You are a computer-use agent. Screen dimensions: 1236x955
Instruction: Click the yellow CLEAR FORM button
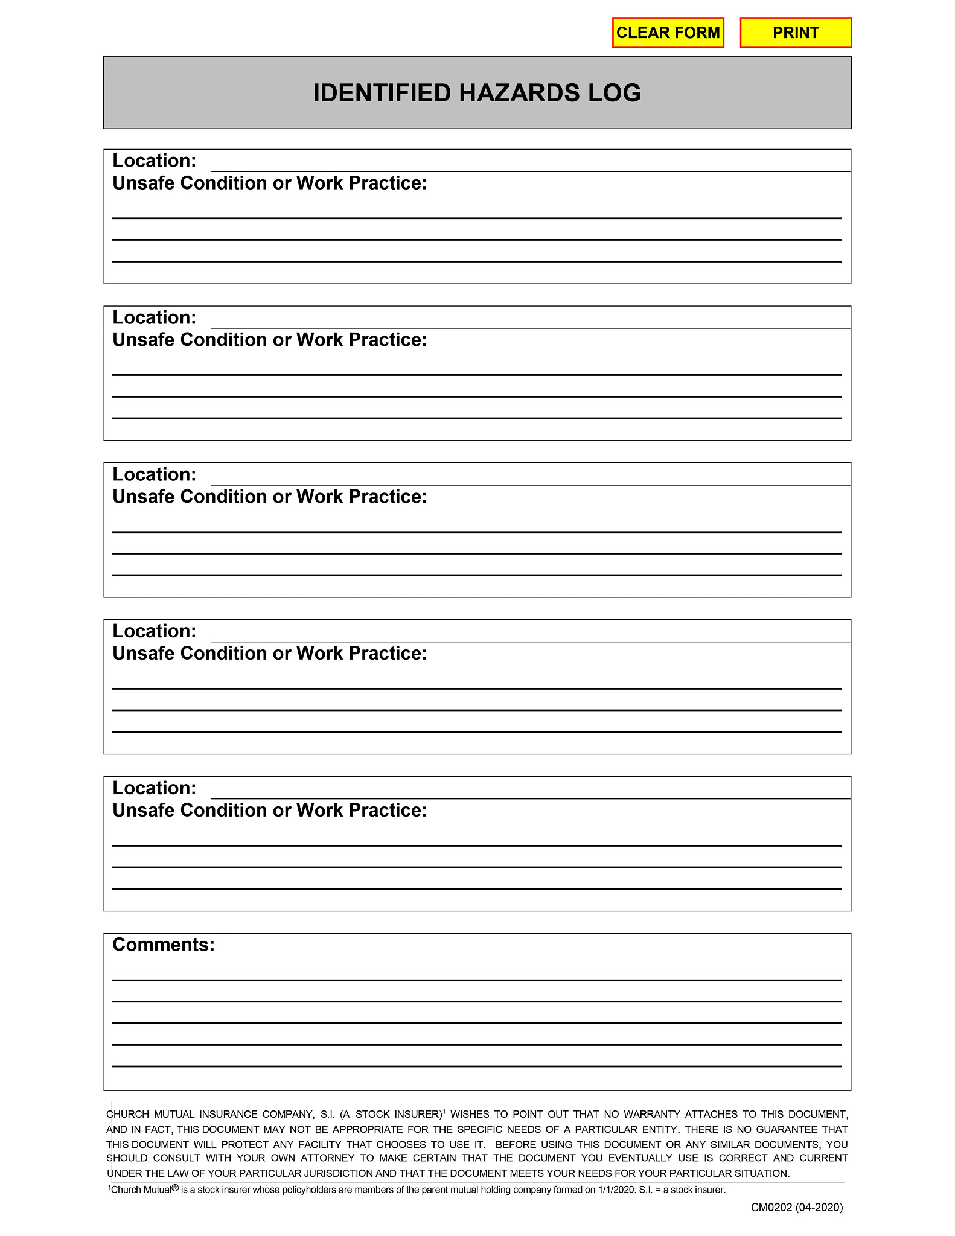point(668,33)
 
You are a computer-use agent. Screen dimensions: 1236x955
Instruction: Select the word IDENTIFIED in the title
point(382,93)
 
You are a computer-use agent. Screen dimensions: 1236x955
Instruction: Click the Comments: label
point(164,945)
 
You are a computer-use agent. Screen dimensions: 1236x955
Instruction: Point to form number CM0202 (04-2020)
point(796,1207)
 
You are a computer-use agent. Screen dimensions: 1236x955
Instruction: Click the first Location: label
point(155,161)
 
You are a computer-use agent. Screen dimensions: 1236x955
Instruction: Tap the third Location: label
point(155,474)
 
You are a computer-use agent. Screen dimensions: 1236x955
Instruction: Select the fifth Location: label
point(155,788)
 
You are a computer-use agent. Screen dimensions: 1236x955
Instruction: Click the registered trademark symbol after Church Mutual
point(175,1188)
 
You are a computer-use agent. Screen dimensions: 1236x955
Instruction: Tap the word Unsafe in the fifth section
point(144,810)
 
